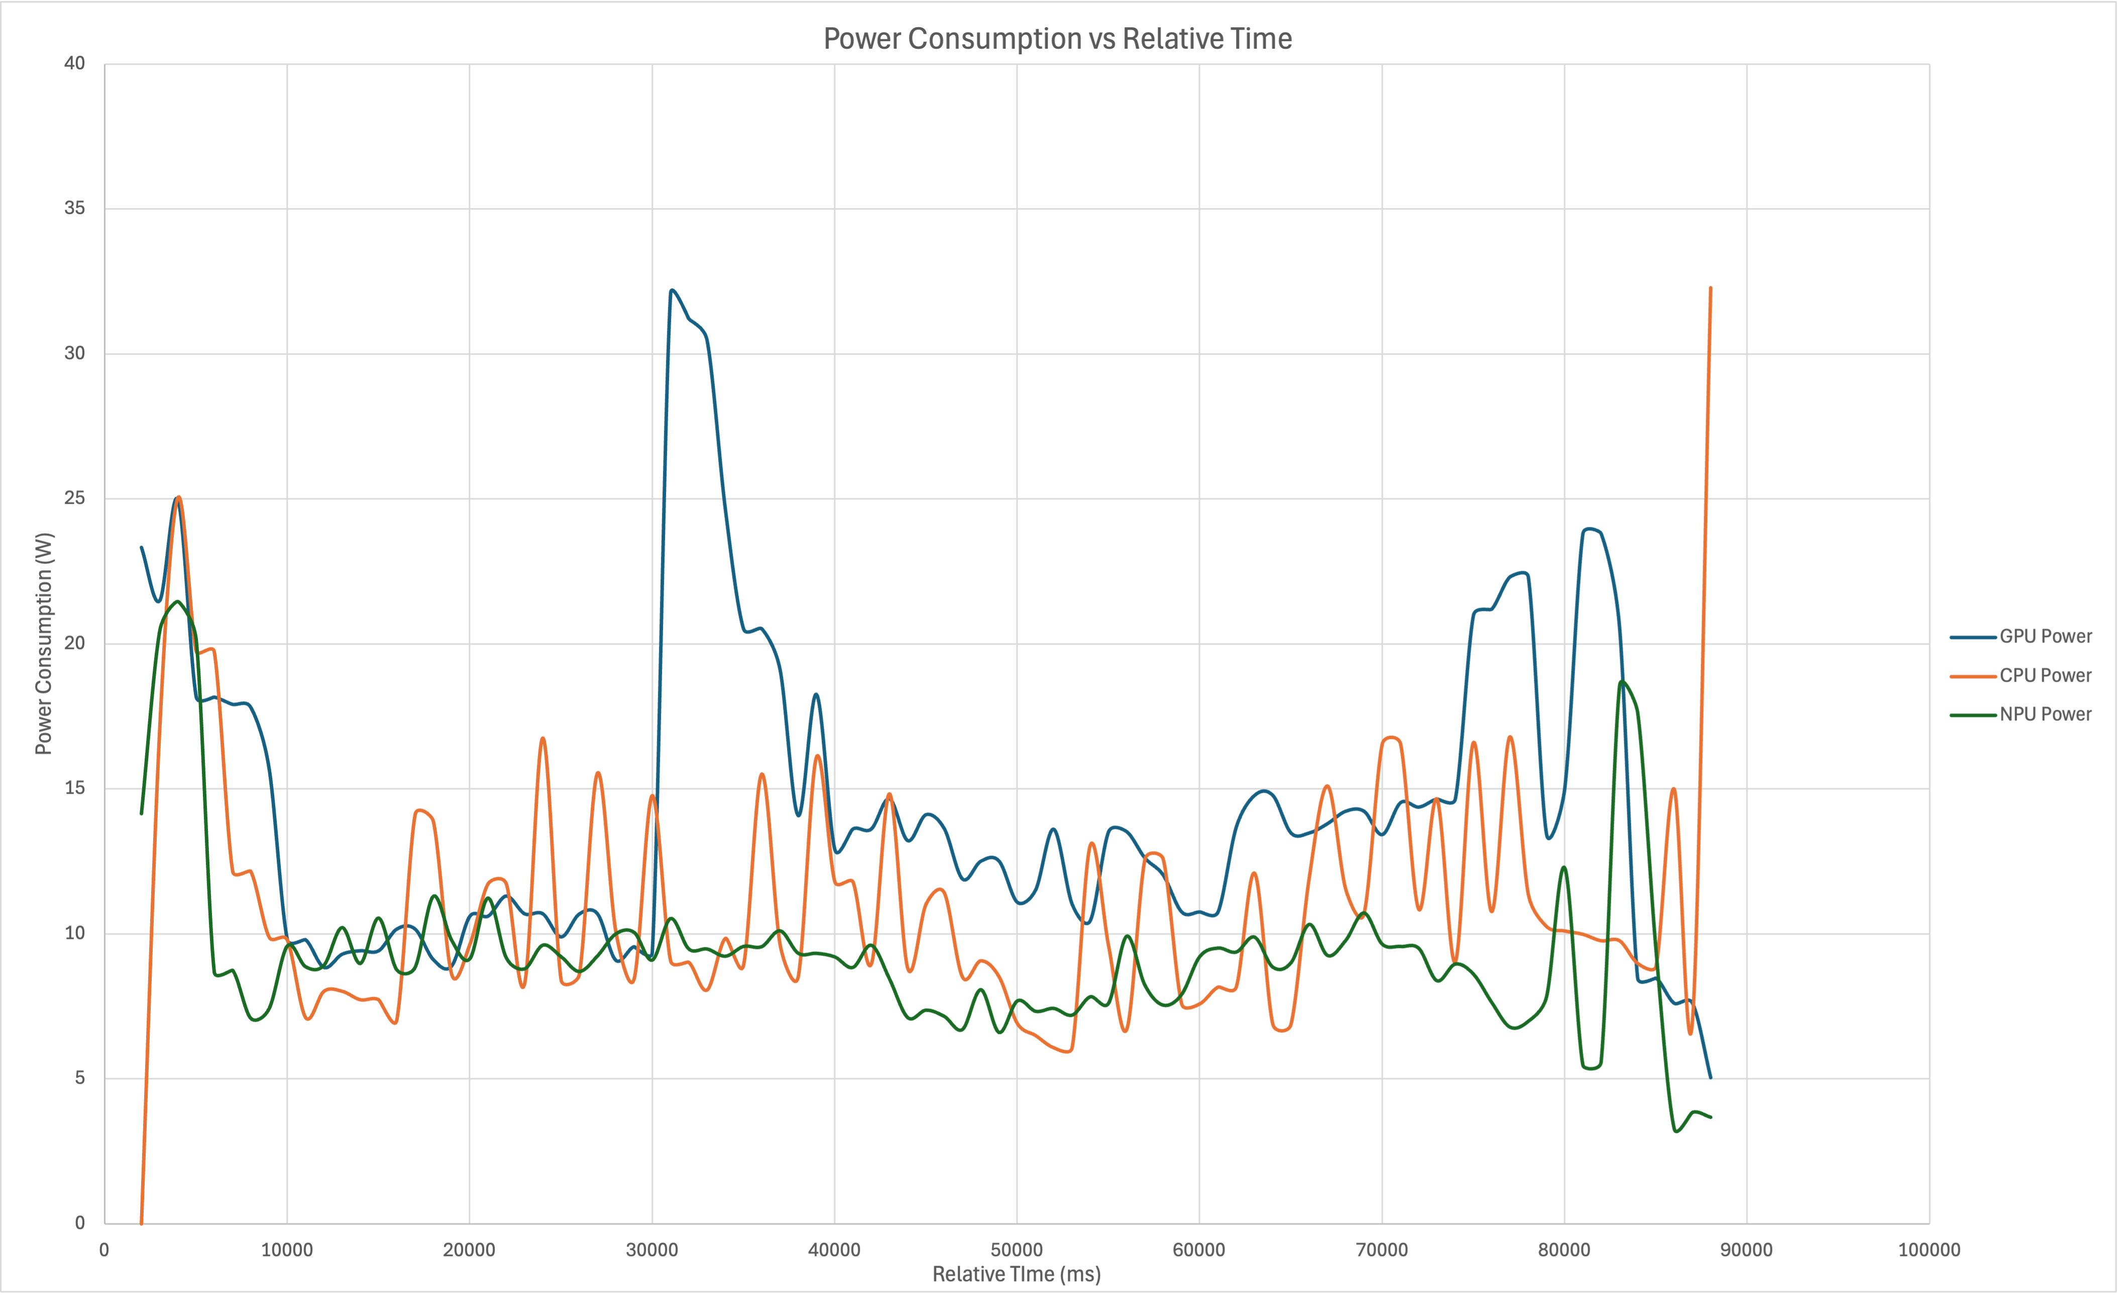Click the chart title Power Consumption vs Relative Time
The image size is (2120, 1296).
1057,39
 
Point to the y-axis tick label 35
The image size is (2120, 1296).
75,208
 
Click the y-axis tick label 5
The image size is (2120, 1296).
80,1078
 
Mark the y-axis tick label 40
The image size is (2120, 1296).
75,64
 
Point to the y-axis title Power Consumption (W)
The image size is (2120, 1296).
44,643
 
